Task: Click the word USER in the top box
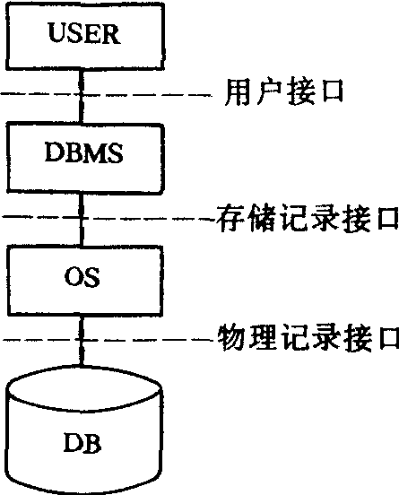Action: (x=84, y=33)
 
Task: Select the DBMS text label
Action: (x=84, y=152)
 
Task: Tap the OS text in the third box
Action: (x=82, y=277)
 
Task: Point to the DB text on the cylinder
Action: (x=82, y=443)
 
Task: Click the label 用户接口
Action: (x=284, y=91)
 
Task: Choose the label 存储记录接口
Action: (x=308, y=218)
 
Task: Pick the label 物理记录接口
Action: (x=308, y=338)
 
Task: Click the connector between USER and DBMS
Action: (x=81, y=96)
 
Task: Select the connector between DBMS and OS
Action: (x=82, y=220)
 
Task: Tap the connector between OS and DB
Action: (x=82, y=341)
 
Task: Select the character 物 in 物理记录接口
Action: (x=231, y=338)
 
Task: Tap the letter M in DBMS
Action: (x=96, y=152)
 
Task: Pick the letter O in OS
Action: (x=74, y=277)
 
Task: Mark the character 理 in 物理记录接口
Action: (x=263, y=338)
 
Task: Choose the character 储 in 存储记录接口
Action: (x=262, y=218)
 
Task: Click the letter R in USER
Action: (x=111, y=33)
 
